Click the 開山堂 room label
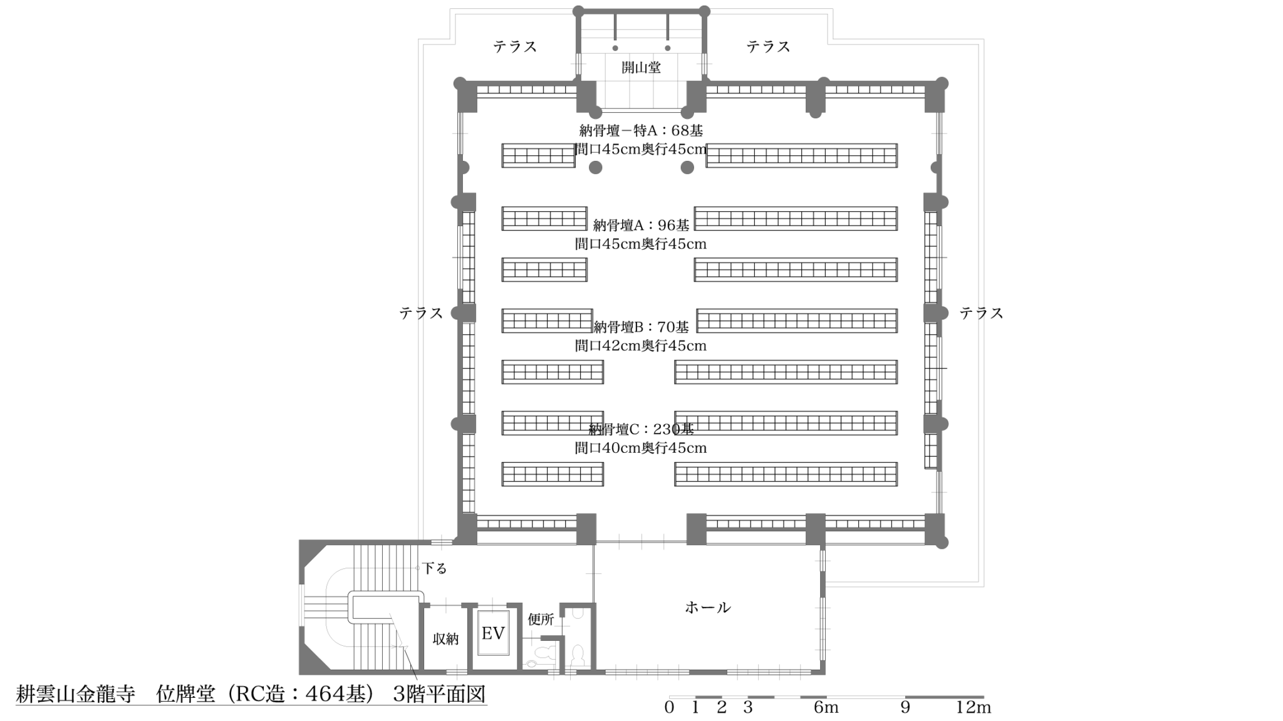(x=641, y=67)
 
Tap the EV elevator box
(x=493, y=633)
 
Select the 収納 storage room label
(x=445, y=639)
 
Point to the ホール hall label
(x=707, y=607)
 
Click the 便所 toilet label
(x=541, y=620)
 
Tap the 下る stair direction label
(x=434, y=569)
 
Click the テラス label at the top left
(x=515, y=46)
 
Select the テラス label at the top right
(x=768, y=46)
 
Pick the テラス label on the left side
(x=421, y=313)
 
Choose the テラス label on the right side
(x=981, y=313)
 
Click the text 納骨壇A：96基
(x=641, y=225)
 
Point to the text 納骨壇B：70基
(x=641, y=327)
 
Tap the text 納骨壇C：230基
(x=641, y=429)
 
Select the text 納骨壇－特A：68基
(x=641, y=130)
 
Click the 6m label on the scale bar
(x=826, y=707)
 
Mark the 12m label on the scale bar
(x=973, y=707)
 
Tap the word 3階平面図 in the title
(x=439, y=694)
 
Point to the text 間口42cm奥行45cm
(x=641, y=346)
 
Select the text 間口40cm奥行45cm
(x=641, y=448)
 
